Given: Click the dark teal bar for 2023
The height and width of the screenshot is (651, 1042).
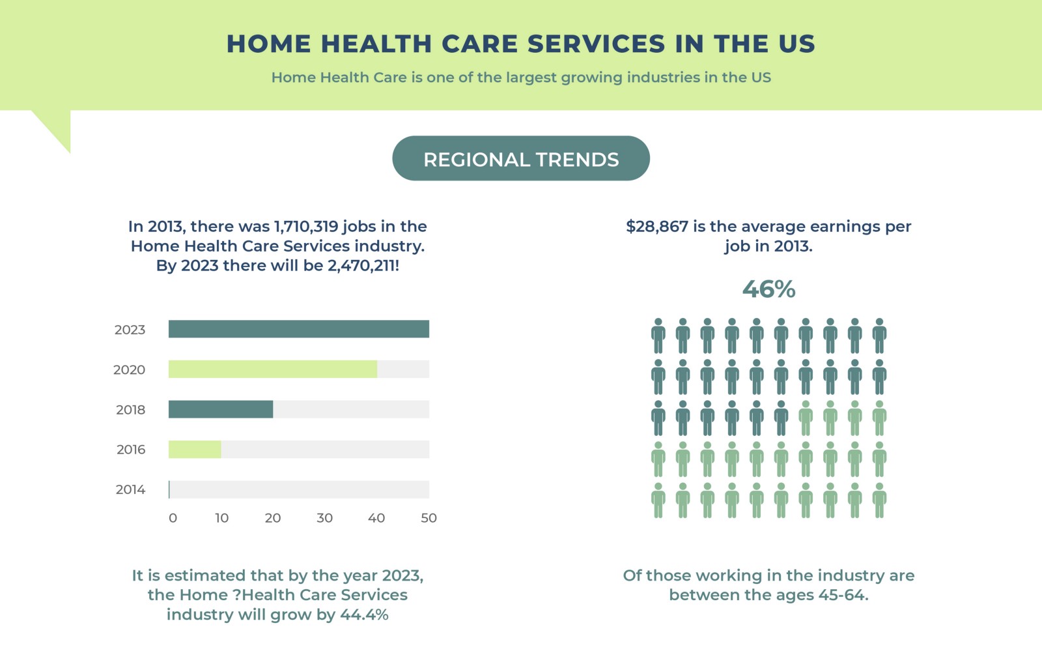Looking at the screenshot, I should [x=298, y=329].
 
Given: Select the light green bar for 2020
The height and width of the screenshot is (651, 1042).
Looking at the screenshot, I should [x=272, y=369].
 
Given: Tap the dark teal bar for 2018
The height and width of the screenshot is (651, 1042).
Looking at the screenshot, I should [x=220, y=409].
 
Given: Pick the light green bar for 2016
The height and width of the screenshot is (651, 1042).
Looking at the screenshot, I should [x=194, y=450].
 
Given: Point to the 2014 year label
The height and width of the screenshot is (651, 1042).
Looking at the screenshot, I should [x=130, y=489].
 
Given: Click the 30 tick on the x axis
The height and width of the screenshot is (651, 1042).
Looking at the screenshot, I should [x=324, y=518].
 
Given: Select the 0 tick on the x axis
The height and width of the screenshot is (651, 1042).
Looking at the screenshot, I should [x=173, y=518].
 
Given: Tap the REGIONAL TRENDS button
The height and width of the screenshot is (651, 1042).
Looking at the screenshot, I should [x=521, y=158].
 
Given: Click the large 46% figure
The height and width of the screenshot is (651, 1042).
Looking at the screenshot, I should [x=768, y=289].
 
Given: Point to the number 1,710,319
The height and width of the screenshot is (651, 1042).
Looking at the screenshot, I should [x=306, y=227].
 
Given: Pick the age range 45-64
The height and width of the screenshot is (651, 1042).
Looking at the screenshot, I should [x=842, y=595].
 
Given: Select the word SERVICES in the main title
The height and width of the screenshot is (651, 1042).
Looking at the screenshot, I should [x=596, y=44].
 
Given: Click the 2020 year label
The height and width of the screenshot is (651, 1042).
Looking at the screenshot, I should [x=129, y=369].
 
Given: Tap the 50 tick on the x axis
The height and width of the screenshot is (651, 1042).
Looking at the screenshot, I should [x=429, y=518].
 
